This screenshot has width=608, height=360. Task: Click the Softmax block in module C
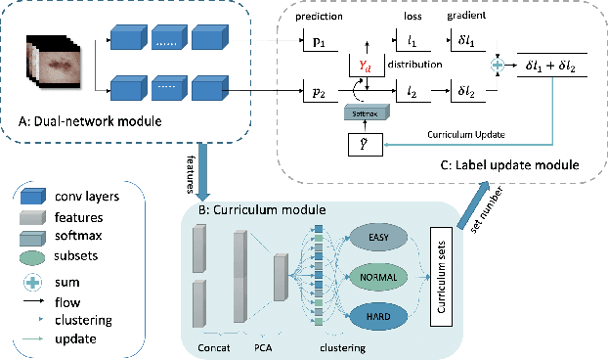pyautogui.click(x=360, y=113)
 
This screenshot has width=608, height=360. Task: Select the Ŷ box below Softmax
pyautogui.click(x=360, y=144)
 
